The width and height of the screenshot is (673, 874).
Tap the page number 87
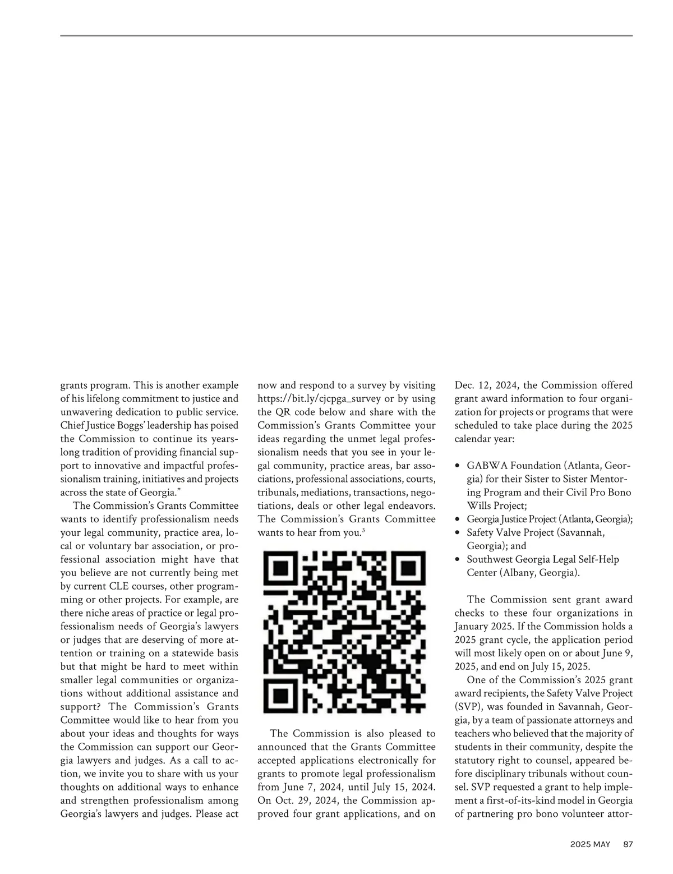pyautogui.click(x=628, y=844)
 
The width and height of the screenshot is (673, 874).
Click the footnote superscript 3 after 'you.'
pyautogui.click(x=364, y=530)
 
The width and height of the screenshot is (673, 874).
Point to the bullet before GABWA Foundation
pyautogui.click(x=458, y=466)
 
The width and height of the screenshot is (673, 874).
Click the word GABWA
pyautogui.click(x=487, y=466)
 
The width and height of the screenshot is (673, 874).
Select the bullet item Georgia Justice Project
pyautogui.click(x=550, y=519)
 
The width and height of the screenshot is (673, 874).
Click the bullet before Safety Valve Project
pyautogui.click(x=458, y=533)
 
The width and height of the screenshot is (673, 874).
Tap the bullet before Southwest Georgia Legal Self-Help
pyautogui.click(x=458, y=560)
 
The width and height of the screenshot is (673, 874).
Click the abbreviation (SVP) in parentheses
pyautogui.click(x=468, y=707)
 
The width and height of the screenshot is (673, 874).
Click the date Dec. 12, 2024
pyautogui.click(x=486, y=385)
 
